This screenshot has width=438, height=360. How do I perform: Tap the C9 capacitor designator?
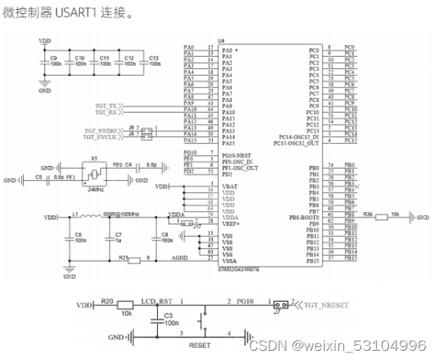(53, 57)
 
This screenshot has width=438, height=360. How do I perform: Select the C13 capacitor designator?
(154, 57)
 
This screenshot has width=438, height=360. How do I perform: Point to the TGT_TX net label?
(106, 105)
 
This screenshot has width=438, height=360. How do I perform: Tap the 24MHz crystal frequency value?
(96, 188)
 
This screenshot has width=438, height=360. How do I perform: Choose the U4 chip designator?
(221, 39)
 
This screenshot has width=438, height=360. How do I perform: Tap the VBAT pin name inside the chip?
(228, 186)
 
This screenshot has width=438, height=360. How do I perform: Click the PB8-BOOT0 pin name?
(304, 218)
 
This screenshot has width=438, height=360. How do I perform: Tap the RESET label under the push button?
(199, 345)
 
